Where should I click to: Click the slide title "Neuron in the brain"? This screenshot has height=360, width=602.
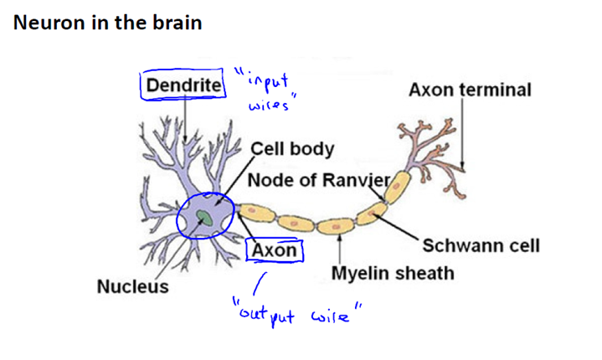point(107,23)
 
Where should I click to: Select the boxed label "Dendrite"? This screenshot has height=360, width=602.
point(184,85)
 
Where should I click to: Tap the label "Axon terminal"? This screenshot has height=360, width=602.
point(470,90)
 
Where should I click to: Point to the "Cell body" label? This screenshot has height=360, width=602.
point(293,150)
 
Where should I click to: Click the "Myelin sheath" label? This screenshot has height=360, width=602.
point(393,273)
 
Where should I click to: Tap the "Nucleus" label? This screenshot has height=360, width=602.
point(132,286)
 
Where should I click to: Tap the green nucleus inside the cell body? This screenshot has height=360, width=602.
point(203,219)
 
